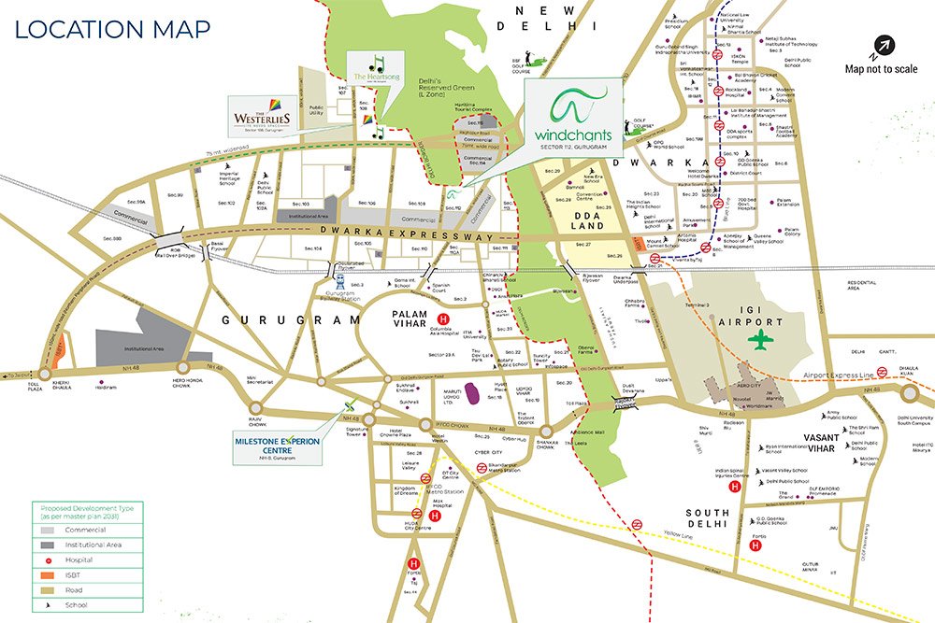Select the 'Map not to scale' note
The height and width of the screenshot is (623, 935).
tap(881, 68)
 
